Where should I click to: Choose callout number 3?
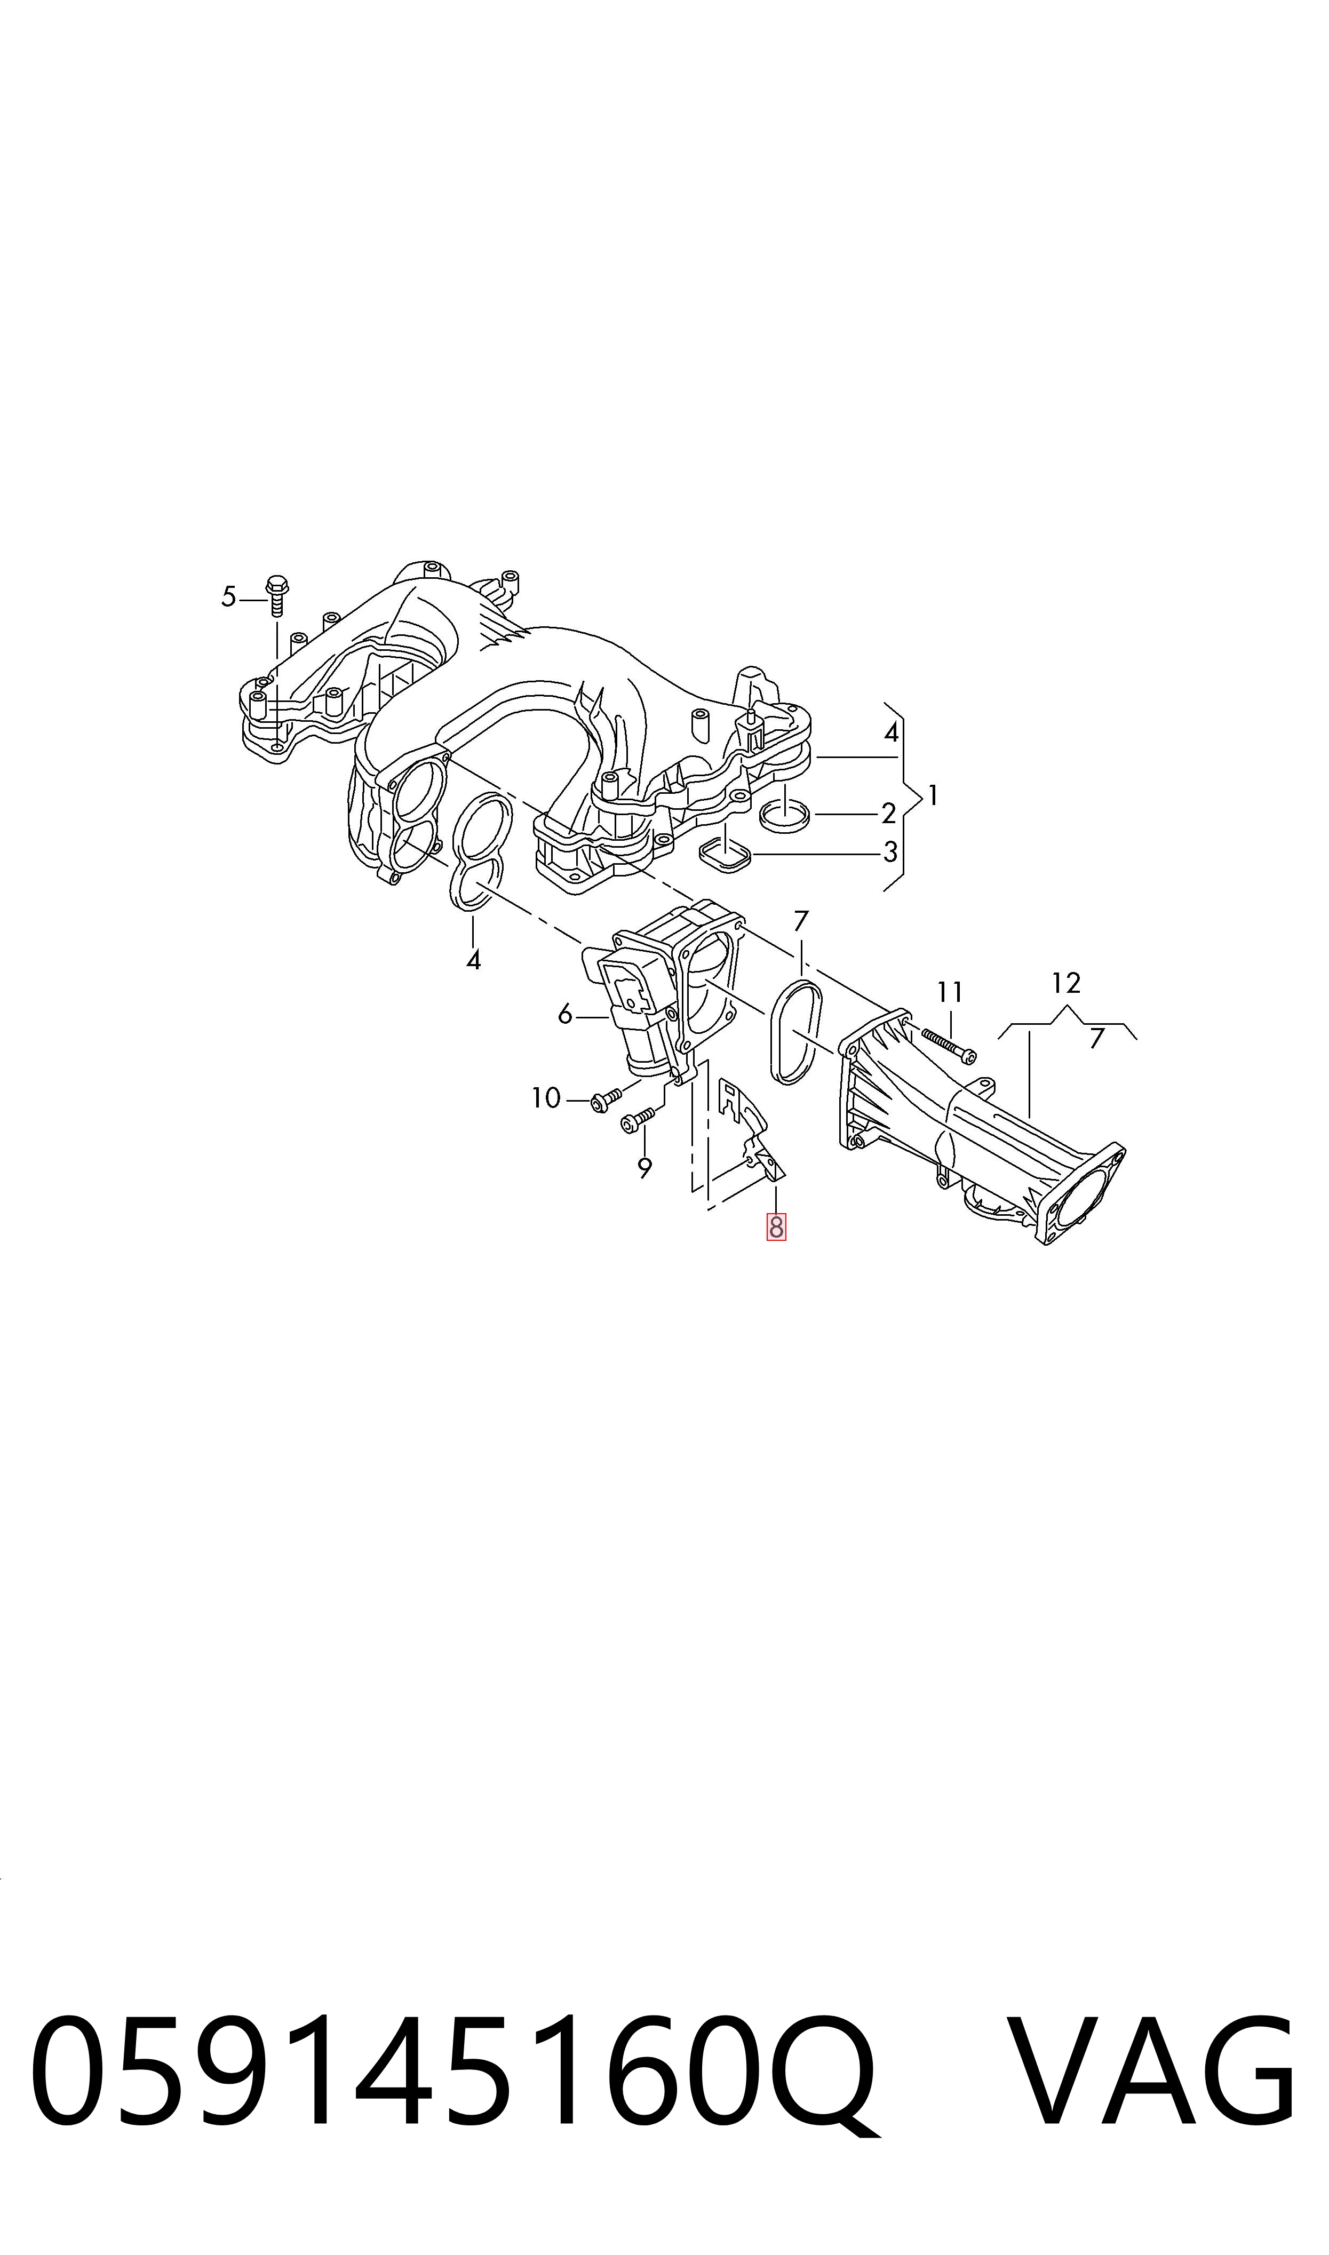click(x=890, y=852)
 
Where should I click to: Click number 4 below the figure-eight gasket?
click(x=474, y=961)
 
